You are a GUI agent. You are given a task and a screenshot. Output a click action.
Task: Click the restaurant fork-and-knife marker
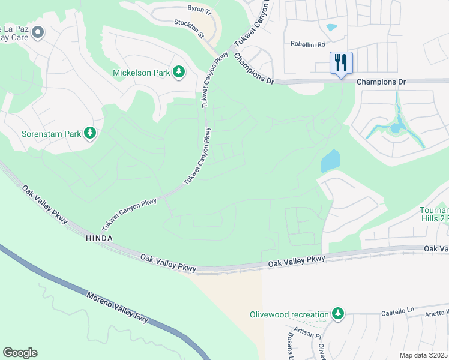point(341,62)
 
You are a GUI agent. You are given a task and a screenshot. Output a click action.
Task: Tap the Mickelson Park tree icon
point(179,73)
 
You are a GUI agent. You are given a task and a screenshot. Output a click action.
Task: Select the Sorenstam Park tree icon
point(90,133)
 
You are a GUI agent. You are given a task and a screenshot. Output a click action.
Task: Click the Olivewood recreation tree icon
point(339,314)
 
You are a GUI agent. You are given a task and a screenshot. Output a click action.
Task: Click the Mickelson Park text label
point(141,73)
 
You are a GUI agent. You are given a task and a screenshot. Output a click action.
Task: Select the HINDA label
point(98,238)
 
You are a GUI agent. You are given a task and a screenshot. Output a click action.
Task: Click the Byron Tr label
point(200,11)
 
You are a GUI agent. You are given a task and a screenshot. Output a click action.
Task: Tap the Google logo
point(20,353)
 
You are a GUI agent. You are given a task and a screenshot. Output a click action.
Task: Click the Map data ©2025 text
point(423,355)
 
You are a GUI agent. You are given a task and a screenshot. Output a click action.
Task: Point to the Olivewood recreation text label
point(289,314)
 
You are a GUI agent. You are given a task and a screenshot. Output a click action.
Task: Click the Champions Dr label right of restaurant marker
point(381,82)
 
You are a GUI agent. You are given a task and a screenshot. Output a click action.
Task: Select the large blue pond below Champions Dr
point(330,161)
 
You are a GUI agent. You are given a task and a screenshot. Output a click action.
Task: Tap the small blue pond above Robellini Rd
point(331,27)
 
